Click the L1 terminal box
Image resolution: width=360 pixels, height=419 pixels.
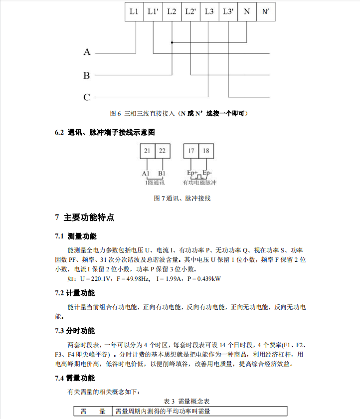point(134,11)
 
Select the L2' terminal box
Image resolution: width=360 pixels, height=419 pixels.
point(190,11)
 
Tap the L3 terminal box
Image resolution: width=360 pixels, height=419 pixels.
point(209,11)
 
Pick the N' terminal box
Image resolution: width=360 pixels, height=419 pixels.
point(265,11)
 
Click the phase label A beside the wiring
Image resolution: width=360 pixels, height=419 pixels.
point(87,52)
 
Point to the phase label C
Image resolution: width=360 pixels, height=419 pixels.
point(87,97)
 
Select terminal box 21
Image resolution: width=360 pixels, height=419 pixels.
point(147,151)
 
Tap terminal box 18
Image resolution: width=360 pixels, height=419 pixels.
point(206,151)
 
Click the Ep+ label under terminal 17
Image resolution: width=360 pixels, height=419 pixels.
point(192,173)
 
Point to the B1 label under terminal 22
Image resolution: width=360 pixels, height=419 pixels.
point(162,173)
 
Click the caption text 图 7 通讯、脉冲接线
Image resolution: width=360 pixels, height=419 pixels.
point(182,198)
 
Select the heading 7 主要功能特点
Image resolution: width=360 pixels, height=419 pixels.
point(84,217)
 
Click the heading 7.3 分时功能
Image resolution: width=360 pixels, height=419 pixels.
point(75,331)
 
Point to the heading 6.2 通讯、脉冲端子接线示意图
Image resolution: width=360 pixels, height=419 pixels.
point(105,133)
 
